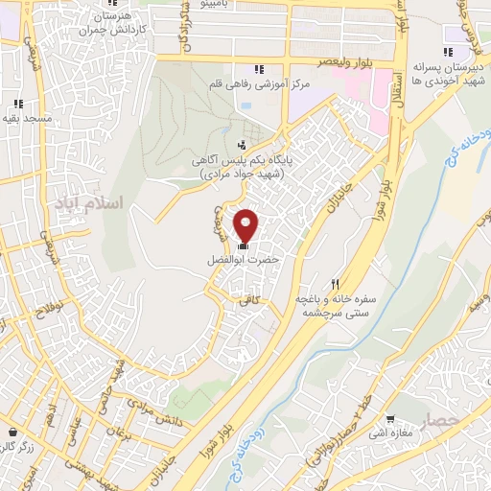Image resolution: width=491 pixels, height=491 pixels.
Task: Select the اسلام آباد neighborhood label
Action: [x=119, y=204]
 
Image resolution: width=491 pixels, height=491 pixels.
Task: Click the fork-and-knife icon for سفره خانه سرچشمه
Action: [x=335, y=283]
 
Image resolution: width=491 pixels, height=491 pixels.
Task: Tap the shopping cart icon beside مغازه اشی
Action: [x=391, y=418]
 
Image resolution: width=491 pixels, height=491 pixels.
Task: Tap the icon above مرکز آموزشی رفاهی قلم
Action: [x=258, y=69]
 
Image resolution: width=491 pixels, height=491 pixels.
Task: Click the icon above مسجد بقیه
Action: [x=17, y=105]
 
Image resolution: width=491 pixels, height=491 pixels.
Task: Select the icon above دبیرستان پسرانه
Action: [x=448, y=54]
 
